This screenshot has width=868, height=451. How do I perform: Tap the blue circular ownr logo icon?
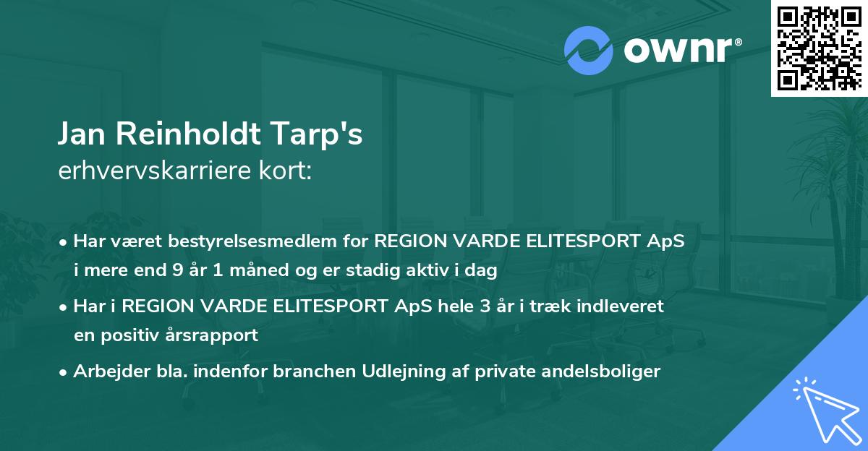tap(588, 50)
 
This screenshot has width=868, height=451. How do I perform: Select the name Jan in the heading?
tap(85, 135)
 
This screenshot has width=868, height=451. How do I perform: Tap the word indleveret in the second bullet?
tap(626, 306)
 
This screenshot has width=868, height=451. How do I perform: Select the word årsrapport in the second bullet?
tap(214, 335)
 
